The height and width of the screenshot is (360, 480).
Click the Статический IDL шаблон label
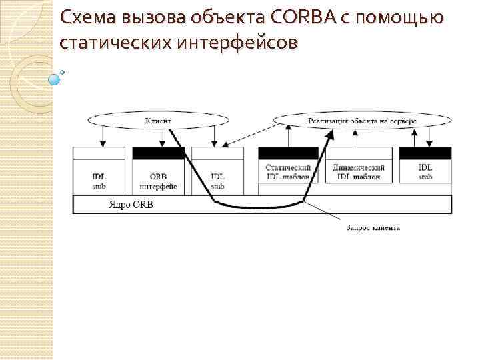pyautogui.click(x=287, y=172)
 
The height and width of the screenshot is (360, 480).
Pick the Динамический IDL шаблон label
pyautogui.click(x=359, y=172)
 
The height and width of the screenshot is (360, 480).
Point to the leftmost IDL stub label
pyautogui.click(x=99, y=182)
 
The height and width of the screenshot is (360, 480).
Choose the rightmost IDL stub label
pyautogui.click(x=425, y=172)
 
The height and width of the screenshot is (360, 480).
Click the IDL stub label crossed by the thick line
pyautogui.click(x=217, y=182)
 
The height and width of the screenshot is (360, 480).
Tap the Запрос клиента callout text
pyautogui.click(x=373, y=228)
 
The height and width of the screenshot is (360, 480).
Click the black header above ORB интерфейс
pyautogui.click(x=159, y=153)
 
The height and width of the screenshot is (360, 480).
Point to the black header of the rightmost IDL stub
pyautogui.click(x=425, y=153)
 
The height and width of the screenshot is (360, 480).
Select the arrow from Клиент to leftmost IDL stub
pyautogui.click(x=102, y=137)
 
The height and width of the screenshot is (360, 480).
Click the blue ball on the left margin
pyautogui.click(x=55, y=79)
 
